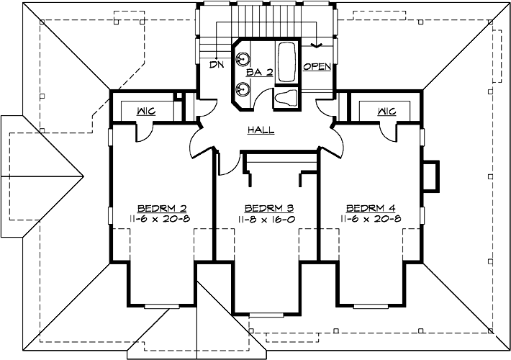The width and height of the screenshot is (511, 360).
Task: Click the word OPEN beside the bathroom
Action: click(317, 67)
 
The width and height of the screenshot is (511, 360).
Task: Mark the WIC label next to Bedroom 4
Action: click(386, 111)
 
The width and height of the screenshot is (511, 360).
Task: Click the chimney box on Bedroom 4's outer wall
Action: click(430, 177)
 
